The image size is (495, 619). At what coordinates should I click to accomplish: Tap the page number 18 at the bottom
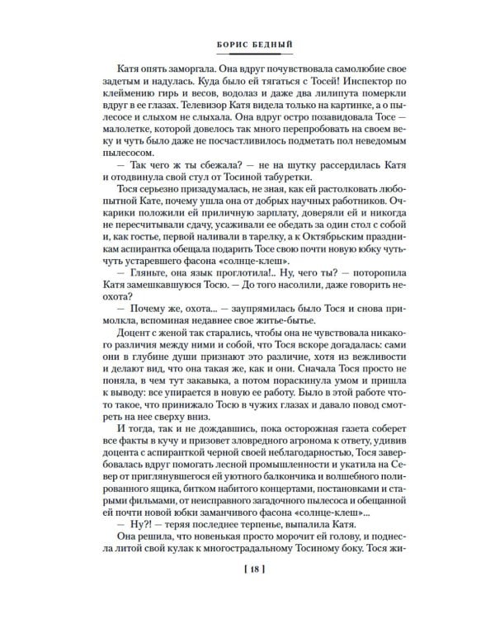[246, 591]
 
